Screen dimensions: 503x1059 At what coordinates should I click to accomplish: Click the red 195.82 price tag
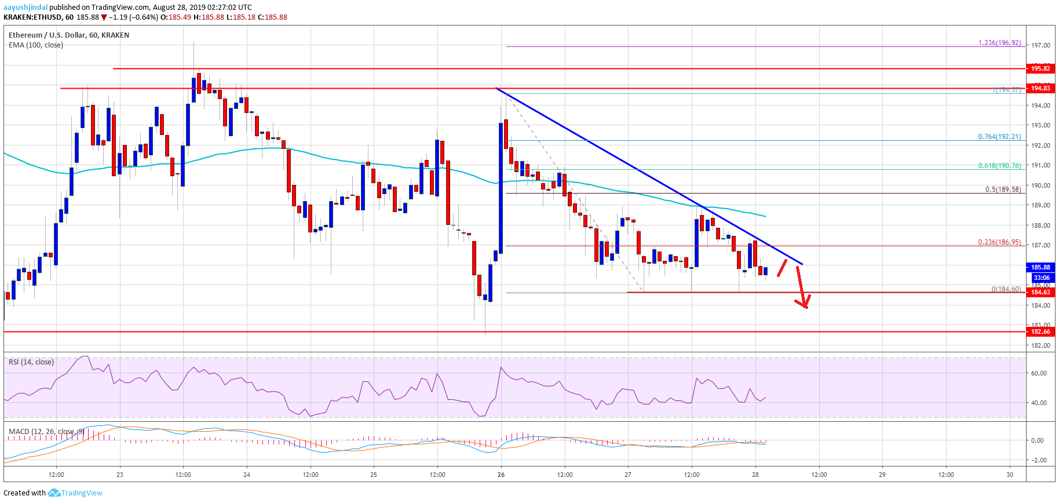[1040, 68]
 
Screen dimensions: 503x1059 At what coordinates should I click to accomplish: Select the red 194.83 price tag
[1040, 88]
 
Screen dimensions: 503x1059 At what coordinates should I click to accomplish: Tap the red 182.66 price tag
[1040, 331]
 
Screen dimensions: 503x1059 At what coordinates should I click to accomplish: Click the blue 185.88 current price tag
[1040, 267]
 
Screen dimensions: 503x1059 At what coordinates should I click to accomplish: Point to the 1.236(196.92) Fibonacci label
[999, 43]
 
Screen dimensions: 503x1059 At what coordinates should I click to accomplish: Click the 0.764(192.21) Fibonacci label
[999, 137]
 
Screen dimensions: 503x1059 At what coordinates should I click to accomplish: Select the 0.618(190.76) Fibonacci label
[999, 166]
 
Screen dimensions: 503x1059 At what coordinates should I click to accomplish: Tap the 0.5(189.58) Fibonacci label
[1003, 189]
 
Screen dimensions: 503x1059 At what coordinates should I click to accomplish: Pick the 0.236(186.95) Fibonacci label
[999, 242]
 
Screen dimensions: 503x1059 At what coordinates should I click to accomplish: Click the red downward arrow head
[804, 302]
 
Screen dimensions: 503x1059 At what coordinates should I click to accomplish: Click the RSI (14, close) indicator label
[31, 362]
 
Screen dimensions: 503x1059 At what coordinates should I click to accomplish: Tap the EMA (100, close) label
[36, 45]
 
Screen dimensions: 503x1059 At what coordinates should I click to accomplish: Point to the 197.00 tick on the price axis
[1040, 45]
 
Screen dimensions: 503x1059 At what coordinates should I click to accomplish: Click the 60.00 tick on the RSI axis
[1039, 373]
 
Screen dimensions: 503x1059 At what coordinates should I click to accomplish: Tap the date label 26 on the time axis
[501, 475]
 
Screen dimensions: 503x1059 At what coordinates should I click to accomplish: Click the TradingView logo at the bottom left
[75, 493]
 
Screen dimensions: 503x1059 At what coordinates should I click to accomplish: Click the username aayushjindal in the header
[25, 8]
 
